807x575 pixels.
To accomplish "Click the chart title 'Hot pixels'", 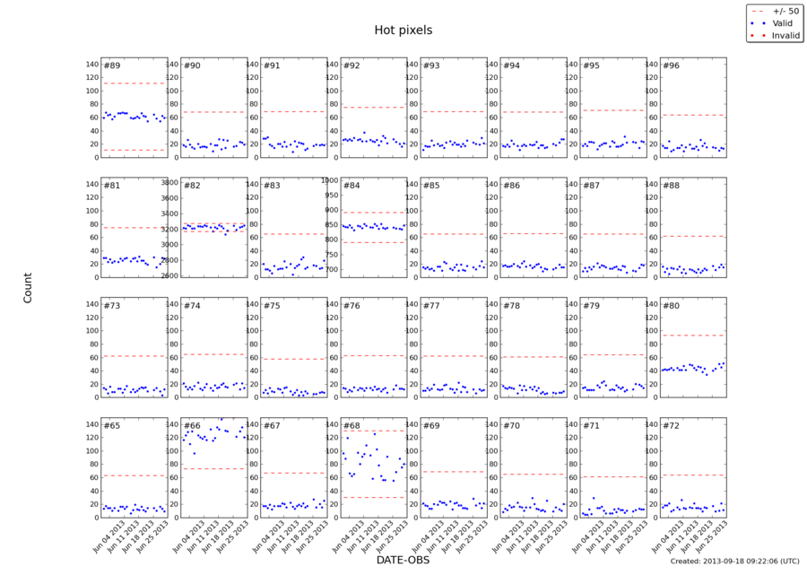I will (403, 30).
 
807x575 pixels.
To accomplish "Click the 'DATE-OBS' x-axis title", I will (403, 560).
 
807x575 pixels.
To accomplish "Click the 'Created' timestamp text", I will (733, 561).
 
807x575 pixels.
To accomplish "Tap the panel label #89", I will (112, 65).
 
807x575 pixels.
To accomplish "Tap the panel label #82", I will (192, 186).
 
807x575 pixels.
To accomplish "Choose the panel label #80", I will (671, 306).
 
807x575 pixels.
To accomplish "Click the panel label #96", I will (671, 65).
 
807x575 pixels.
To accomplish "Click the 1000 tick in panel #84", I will (328, 180).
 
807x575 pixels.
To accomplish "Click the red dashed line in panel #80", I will (693, 335).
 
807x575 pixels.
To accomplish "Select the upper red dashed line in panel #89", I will (134, 83).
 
